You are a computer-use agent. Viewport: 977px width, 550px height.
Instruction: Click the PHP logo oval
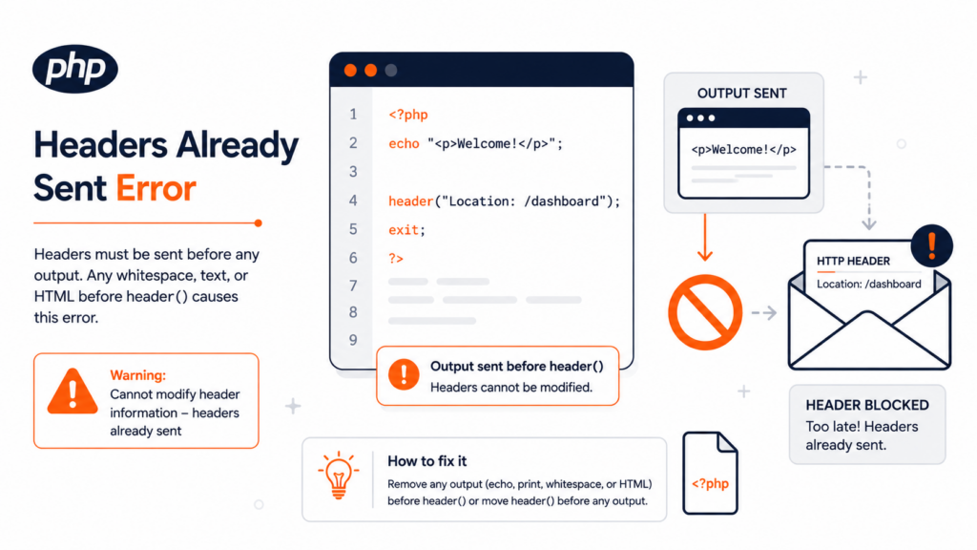point(75,69)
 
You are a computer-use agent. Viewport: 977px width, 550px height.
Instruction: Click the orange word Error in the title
point(156,188)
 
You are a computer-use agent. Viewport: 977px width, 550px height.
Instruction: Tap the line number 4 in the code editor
point(353,201)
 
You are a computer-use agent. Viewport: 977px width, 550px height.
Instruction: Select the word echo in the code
point(404,143)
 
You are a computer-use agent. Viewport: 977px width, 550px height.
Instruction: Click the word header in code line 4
point(410,201)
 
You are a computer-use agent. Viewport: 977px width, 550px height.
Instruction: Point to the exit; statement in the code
point(406,229)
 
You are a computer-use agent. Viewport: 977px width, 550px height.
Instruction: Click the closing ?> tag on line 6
point(396,258)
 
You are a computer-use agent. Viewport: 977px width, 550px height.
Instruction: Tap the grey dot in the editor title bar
point(391,71)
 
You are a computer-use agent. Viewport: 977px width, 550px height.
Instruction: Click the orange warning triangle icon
point(73,391)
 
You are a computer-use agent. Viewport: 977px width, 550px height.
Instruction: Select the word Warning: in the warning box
point(137,374)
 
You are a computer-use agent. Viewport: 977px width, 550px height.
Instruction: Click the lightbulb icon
point(339,476)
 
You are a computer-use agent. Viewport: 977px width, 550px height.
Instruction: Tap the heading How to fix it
point(426,461)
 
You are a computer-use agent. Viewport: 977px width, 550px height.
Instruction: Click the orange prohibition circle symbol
point(705,312)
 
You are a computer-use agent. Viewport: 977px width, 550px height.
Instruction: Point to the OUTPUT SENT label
point(741,94)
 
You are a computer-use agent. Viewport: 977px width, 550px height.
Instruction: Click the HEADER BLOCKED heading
point(866,405)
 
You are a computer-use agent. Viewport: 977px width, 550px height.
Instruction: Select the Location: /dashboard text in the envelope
point(868,284)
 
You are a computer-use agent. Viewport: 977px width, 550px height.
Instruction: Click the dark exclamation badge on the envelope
point(931,245)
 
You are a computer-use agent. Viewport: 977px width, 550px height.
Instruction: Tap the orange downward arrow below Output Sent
point(705,238)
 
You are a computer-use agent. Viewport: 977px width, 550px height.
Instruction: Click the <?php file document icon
point(710,474)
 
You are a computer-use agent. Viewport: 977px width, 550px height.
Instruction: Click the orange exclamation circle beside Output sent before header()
point(404,374)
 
